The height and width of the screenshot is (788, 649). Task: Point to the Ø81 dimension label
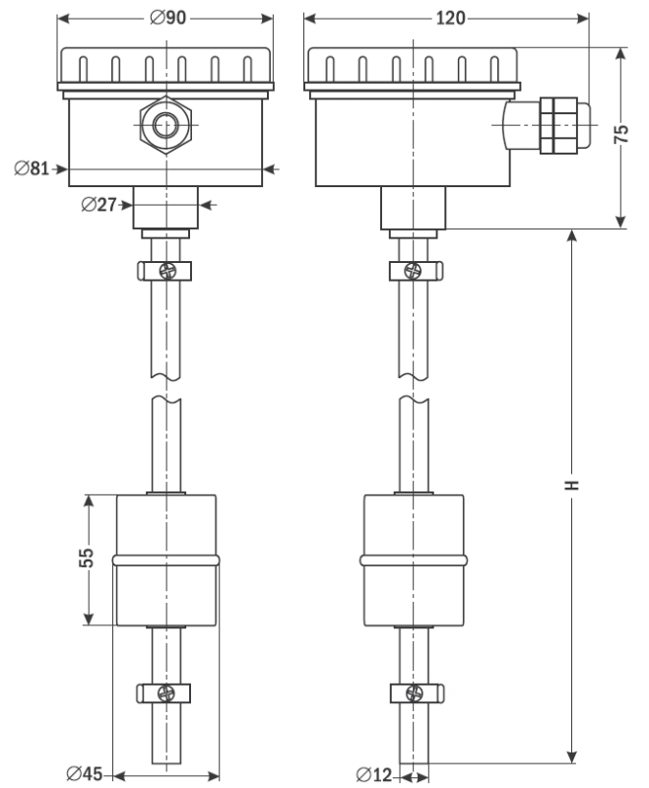click(x=32, y=168)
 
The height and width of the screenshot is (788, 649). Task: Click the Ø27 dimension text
click(x=98, y=205)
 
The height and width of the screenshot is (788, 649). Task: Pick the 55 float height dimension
click(x=88, y=558)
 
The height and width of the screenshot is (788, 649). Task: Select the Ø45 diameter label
click(x=86, y=774)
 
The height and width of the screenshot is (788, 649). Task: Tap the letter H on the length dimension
click(x=573, y=485)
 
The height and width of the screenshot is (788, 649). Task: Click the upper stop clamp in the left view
click(x=164, y=270)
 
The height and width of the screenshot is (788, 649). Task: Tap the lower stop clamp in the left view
click(x=164, y=691)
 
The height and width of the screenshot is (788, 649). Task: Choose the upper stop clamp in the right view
click(x=414, y=270)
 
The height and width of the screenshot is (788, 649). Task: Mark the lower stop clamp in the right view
click(x=414, y=691)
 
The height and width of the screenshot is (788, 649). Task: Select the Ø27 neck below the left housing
click(x=165, y=208)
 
